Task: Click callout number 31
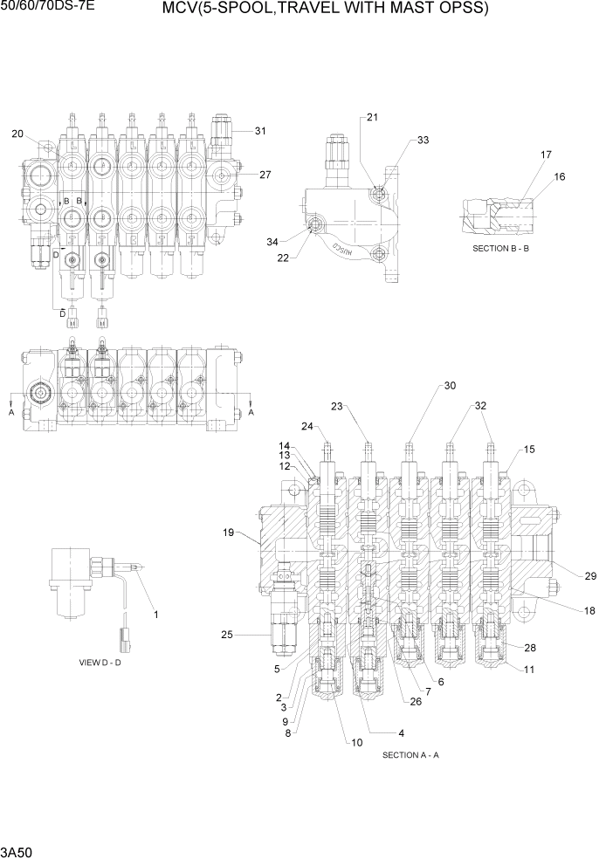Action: tap(260, 131)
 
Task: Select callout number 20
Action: tap(17, 134)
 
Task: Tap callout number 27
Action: tap(265, 175)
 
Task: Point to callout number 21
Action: tap(373, 117)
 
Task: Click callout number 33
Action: tap(423, 140)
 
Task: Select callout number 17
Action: tap(546, 155)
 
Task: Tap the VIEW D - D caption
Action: tap(100, 663)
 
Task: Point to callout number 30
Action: tap(450, 385)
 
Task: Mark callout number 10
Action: tap(356, 743)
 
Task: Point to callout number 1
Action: tap(156, 615)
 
